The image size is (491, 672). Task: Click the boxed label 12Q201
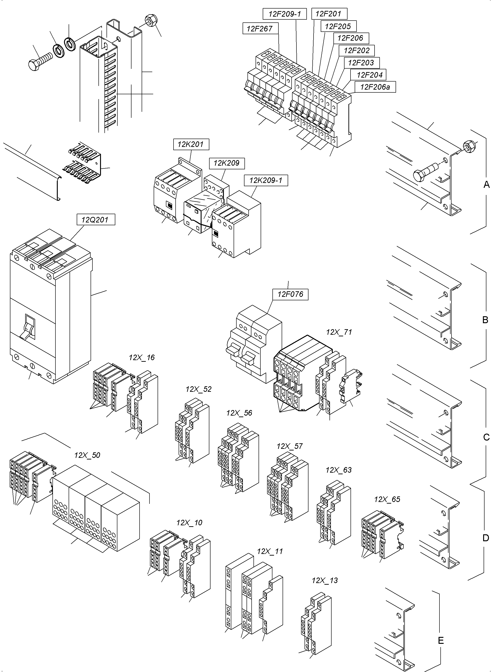pos(95,220)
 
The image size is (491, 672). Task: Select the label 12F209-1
pos(284,14)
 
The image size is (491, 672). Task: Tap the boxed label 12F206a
pos(375,87)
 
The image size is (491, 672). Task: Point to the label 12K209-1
pos(265,180)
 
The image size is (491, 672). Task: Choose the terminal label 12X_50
pos(87,455)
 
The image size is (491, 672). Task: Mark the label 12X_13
pos(325,580)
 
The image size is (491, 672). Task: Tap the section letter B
pos(485,320)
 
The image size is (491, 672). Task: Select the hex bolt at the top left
pos(40,61)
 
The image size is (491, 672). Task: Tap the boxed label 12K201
pos(191,144)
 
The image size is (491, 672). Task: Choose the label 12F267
pos(259,28)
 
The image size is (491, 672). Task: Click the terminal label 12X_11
pos(270,551)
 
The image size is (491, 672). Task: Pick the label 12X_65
pos(387,499)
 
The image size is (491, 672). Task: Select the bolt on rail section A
pos(425,172)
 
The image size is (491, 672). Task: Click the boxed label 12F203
pos(361,63)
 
